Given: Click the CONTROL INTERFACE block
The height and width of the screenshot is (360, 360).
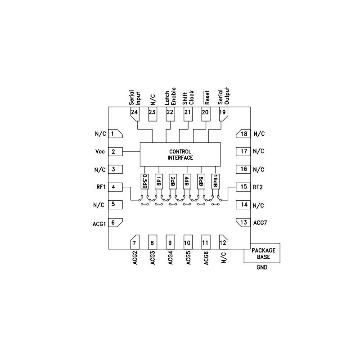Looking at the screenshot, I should (180, 154).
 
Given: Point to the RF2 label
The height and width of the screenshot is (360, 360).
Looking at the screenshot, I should (258, 187).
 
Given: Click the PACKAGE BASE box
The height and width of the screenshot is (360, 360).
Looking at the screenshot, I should (263, 254).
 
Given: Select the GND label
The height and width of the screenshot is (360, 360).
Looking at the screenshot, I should (261, 268).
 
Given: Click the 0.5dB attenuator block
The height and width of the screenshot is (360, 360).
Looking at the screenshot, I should (144, 181).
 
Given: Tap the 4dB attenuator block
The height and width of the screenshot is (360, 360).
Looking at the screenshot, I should (186, 181).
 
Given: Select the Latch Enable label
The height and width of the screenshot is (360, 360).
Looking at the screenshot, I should (170, 95).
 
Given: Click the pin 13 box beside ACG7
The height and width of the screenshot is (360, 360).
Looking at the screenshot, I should (243, 223).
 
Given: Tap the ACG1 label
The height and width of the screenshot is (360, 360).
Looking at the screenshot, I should (99, 223).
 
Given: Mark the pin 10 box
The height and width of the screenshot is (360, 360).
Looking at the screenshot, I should (188, 243).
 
